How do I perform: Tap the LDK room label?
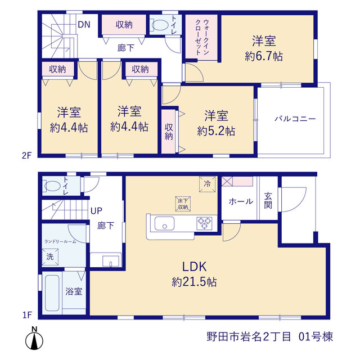[x=195, y=267]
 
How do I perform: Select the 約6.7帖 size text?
[x=264, y=56]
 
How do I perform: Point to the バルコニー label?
[x=295, y=119]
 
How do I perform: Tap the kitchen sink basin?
[x=164, y=223]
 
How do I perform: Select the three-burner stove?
[x=204, y=223]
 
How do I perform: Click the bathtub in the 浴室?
[x=52, y=293]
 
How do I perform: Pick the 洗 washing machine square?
[x=50, y=256]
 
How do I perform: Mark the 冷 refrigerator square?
[x=208, y=184]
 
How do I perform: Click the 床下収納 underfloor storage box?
[x=183, y=204]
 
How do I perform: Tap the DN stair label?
[x=84, y=25]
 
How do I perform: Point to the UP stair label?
[x=96, y=211]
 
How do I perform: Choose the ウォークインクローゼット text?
[x=202, y=37]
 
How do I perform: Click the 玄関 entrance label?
[x=268, y=201]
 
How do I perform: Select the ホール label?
[x=241, y=201]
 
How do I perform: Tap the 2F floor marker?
[x=26, y=156]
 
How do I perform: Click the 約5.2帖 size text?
[x=216, y=131]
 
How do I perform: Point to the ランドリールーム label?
[x=60, y=241]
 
